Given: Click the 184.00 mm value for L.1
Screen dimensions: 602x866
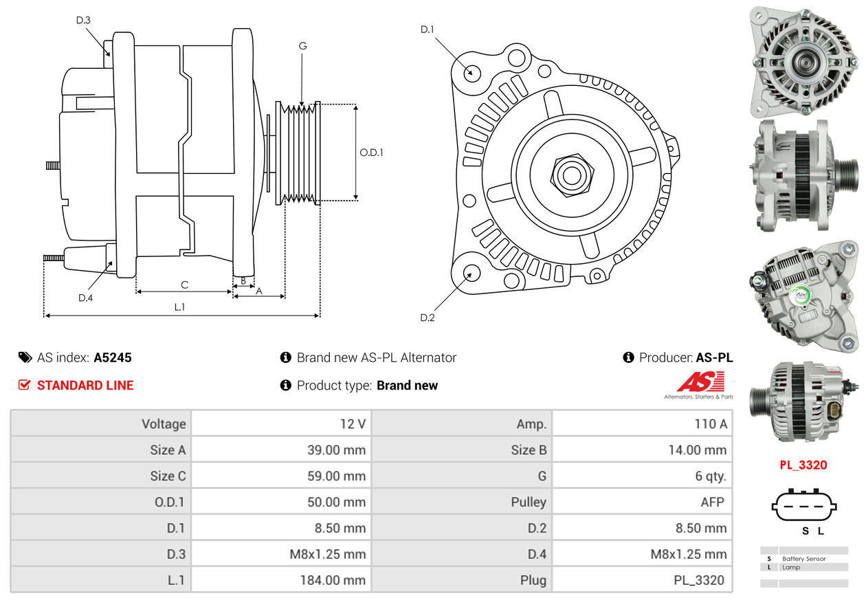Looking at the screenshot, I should (332, 580).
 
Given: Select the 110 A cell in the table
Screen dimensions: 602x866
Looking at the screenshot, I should (710, 424).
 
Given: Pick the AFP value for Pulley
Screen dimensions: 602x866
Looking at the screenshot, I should (712, 502).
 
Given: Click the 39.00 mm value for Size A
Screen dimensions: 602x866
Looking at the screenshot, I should (336, 450).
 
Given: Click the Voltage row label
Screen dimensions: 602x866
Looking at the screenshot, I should (164, 424).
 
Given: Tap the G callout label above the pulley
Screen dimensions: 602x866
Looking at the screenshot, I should (302, 46).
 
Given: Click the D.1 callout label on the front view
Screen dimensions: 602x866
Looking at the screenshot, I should (428, 30).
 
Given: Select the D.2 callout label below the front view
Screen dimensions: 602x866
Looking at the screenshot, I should (428, 317).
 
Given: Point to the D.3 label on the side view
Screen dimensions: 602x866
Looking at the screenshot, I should (83, 20).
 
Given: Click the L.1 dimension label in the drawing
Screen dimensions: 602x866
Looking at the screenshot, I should (179, 307).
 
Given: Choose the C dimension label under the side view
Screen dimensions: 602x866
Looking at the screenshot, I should (184, 285).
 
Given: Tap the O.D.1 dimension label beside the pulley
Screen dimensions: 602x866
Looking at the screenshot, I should (371, 153).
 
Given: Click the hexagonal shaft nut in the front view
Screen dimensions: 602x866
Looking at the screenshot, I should (570, 174).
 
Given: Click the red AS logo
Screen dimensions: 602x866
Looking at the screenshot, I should (700, 382).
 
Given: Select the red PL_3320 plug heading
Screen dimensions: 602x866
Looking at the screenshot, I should (803, 465).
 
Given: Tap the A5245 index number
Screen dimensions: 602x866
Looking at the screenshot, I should (113, 357).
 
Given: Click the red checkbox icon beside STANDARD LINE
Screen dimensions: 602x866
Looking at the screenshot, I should (25, 385).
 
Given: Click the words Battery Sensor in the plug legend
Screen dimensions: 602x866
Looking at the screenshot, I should (803, 559).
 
